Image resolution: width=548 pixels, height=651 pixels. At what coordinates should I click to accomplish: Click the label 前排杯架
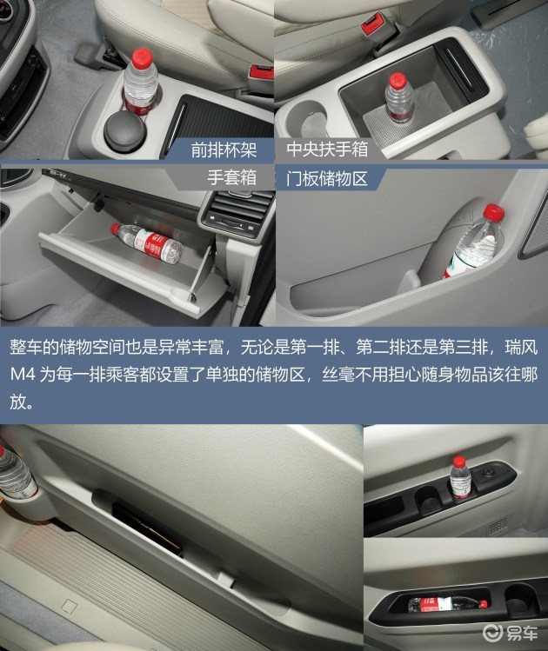224,149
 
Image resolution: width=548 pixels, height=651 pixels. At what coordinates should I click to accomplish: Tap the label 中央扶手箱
327,149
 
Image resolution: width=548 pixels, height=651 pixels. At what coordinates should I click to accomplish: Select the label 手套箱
232,177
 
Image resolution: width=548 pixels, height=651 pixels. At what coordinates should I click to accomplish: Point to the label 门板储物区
327,178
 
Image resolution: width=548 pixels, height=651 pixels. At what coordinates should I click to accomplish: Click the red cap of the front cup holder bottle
142,56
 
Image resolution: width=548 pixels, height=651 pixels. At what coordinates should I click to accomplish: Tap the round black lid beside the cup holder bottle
124,127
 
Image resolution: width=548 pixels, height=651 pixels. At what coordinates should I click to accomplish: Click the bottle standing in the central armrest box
399,98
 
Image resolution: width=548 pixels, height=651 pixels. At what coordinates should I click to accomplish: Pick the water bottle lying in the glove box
147,243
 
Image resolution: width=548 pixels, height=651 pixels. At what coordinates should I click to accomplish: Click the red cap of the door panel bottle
494,212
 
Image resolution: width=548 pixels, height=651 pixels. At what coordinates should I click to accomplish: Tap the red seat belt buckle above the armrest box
372,24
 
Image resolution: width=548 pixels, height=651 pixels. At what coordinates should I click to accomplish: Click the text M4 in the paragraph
23,375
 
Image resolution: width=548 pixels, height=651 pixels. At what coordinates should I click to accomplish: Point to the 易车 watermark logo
511,633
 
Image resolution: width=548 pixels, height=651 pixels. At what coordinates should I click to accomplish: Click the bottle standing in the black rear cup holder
460,477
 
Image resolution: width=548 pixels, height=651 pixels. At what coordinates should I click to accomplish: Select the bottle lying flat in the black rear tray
447,604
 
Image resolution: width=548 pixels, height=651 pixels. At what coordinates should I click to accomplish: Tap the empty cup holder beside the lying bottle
519,598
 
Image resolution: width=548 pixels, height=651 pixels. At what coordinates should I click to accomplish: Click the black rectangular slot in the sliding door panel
147,529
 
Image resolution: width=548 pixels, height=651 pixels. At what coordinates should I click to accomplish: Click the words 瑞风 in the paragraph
521,348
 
